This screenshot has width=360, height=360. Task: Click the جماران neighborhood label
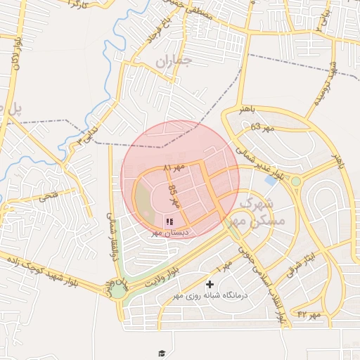(173, 62)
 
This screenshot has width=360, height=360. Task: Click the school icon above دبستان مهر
(169, 221)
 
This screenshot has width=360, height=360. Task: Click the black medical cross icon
(210, 284)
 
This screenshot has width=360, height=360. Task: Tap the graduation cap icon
(162, 353)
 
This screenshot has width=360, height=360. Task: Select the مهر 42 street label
(309, 314)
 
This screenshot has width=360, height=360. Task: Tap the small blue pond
(271, 181)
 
